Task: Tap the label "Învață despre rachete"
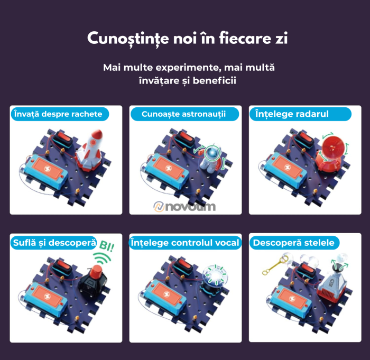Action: (56, 114)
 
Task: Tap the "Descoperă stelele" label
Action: (293, 243)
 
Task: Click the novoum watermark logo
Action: (185, 206)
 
